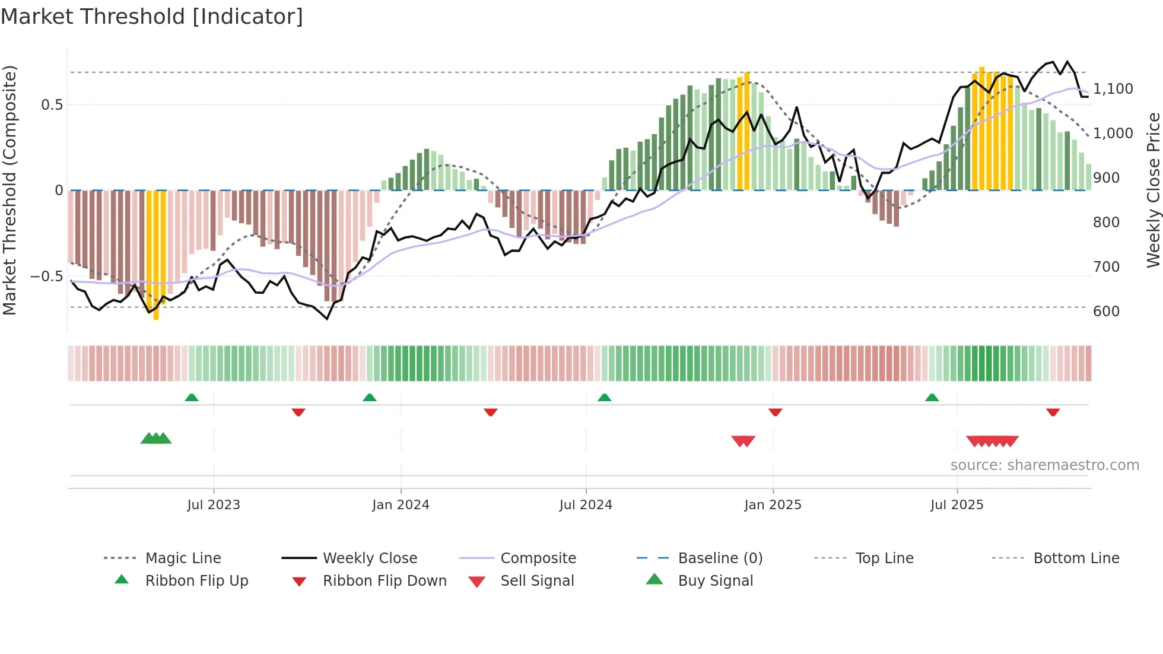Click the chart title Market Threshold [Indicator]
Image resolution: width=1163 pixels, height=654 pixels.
point(152,17)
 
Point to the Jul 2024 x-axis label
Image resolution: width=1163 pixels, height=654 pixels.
point(585,505)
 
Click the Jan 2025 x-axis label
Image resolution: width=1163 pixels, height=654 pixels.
point(773,505)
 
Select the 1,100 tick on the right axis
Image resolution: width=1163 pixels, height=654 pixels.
point(1113,89)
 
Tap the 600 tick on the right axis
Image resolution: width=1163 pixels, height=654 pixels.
point(1106,312)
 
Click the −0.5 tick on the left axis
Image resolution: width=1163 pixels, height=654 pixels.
point(46,277)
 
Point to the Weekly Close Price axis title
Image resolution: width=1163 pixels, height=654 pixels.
point(1153,190)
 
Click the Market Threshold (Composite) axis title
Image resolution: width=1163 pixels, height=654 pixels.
point(9,190)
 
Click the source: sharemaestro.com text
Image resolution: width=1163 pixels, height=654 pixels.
point(1044,465)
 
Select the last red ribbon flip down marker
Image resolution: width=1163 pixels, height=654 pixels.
point(1053,412)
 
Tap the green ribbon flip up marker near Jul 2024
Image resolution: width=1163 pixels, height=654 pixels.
point(604,398)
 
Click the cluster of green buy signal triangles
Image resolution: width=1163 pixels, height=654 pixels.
point(156,439)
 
